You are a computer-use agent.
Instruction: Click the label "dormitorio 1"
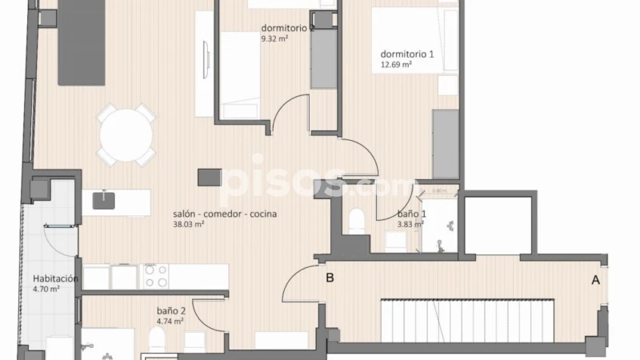(407, 54)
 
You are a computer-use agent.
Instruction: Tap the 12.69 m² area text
(396, 65)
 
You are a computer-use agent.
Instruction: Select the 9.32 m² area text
(274, 38)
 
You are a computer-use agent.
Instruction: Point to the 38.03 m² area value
(189, 225)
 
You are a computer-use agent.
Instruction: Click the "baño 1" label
(412, 214)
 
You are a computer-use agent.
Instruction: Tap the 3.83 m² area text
(411, 225)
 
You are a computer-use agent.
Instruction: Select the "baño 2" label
(171, 311)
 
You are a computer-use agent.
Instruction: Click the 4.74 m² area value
(170, 322)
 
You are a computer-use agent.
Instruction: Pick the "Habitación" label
(54, 278)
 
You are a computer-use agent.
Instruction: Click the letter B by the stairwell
(330, 278)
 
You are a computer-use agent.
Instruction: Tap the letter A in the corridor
(594, 280)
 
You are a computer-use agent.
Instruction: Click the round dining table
(126, 134)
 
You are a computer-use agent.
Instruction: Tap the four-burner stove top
(155, 276)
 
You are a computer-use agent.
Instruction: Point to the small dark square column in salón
(210, 175)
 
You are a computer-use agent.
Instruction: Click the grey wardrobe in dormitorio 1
(445, 144)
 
